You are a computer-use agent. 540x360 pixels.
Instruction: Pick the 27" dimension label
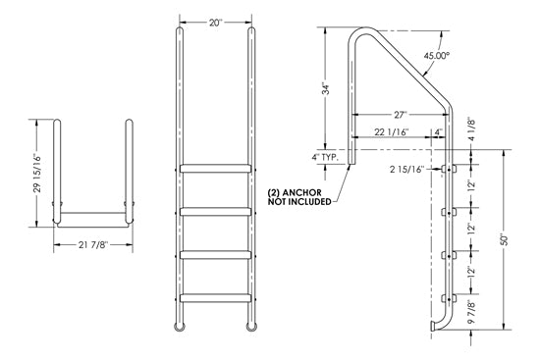point(397,115)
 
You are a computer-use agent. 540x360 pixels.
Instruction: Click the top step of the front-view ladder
point(217,168)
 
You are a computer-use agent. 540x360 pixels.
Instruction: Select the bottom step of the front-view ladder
point(217,294)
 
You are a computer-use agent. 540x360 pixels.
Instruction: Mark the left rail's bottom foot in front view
point(180,325)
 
